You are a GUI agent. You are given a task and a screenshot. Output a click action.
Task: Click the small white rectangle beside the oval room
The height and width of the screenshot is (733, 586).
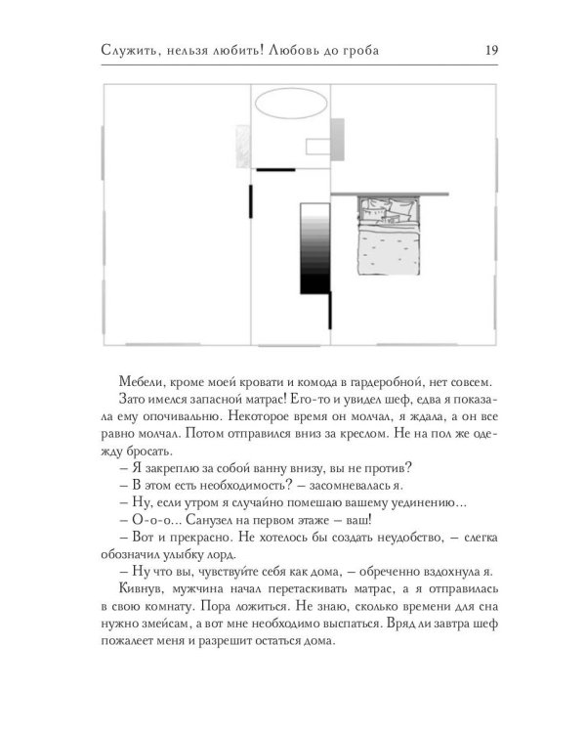pos(316,148)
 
